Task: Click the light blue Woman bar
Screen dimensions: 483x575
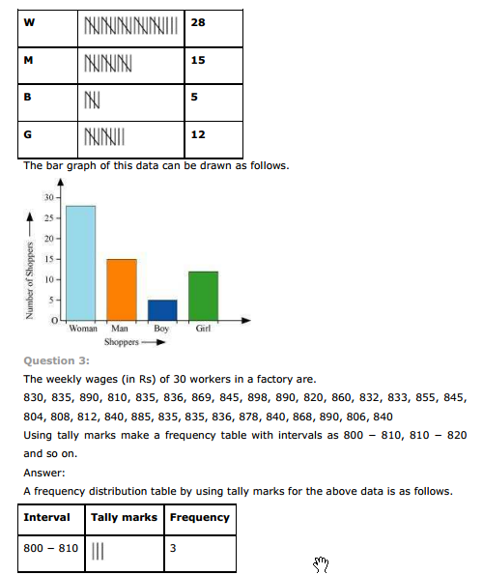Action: (x=80, y=262)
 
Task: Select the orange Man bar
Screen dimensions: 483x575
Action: (x=122, y=288)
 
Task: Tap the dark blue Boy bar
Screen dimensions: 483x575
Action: (x=162, y=309)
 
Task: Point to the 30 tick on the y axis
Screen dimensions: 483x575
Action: (x=48, y=197)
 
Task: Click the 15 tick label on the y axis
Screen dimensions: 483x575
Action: (x=48, y=259)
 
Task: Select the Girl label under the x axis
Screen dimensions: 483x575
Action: (x=204, y=330)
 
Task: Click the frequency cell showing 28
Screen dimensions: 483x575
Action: (x=198, y=21)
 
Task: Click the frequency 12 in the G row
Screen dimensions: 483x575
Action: (x=198, y=134)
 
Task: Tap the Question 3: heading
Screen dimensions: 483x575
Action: (x=53, y=359)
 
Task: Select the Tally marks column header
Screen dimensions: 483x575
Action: (x=124, y=517)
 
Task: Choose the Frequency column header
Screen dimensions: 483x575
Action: (x=200, y=517)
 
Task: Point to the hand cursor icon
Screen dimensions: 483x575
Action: (x=323, y=563)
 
